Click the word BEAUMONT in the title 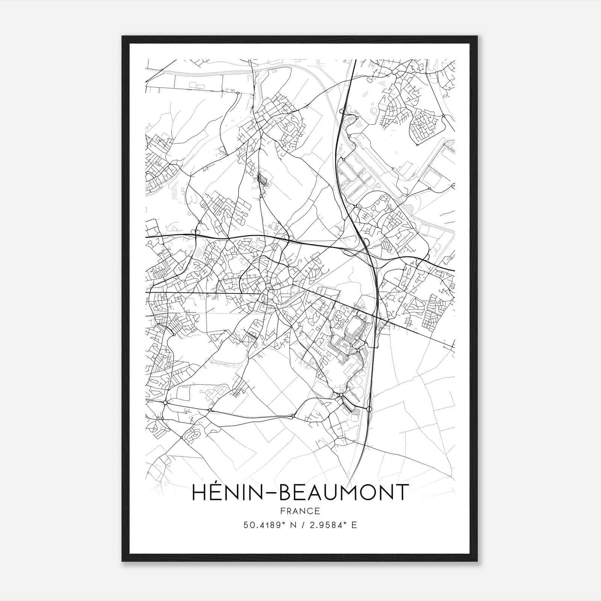click(x=344, y=492)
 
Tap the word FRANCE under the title click(x=300, y=511)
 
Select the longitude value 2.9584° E click(x=331, y=525)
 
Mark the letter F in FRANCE click(x=283, y=511)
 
